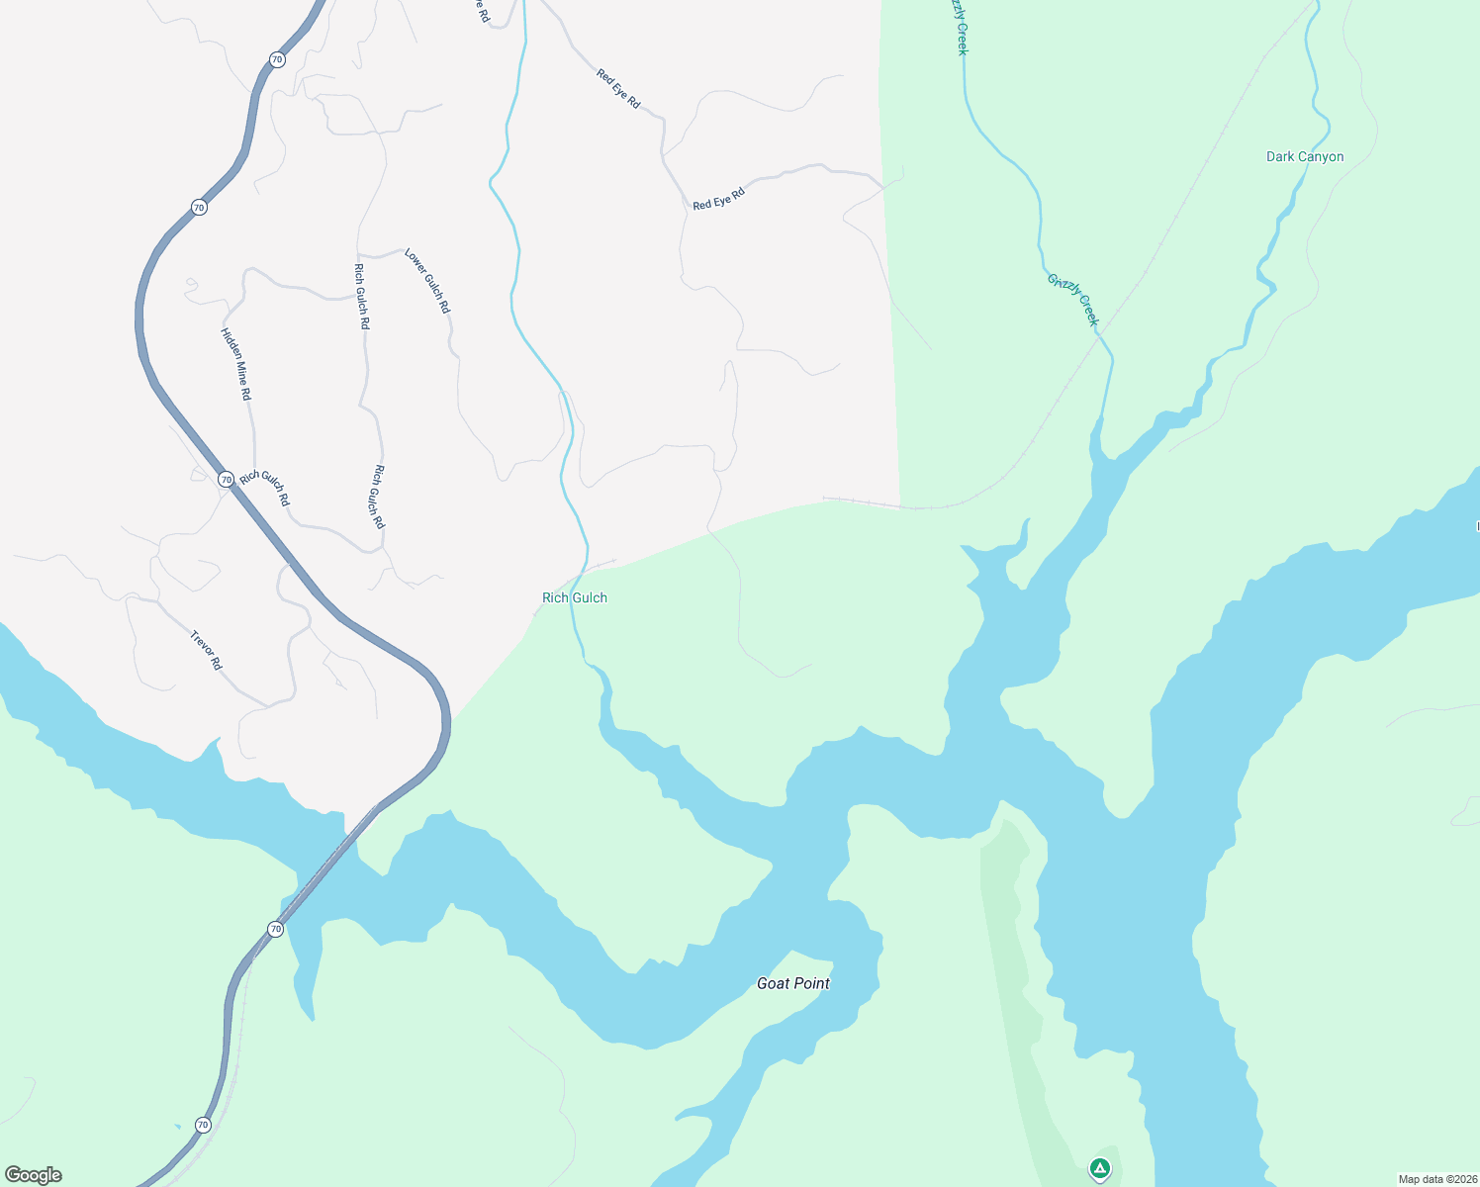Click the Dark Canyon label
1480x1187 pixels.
1305,156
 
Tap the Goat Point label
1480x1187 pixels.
792,983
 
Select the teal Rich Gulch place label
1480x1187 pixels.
575,597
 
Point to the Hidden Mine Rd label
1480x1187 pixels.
236,364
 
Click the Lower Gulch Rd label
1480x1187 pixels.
427,282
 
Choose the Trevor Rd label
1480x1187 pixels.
206,650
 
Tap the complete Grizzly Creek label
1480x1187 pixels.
1073,299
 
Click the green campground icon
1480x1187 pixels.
1099,1168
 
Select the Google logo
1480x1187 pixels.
34,1175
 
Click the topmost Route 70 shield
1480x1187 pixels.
277,59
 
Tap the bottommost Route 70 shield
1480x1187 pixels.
203,1125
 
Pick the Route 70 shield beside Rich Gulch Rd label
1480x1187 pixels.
226,479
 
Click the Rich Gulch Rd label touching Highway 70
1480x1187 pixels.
265,488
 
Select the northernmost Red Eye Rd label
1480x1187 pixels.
618,89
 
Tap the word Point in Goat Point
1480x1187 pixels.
811,983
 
